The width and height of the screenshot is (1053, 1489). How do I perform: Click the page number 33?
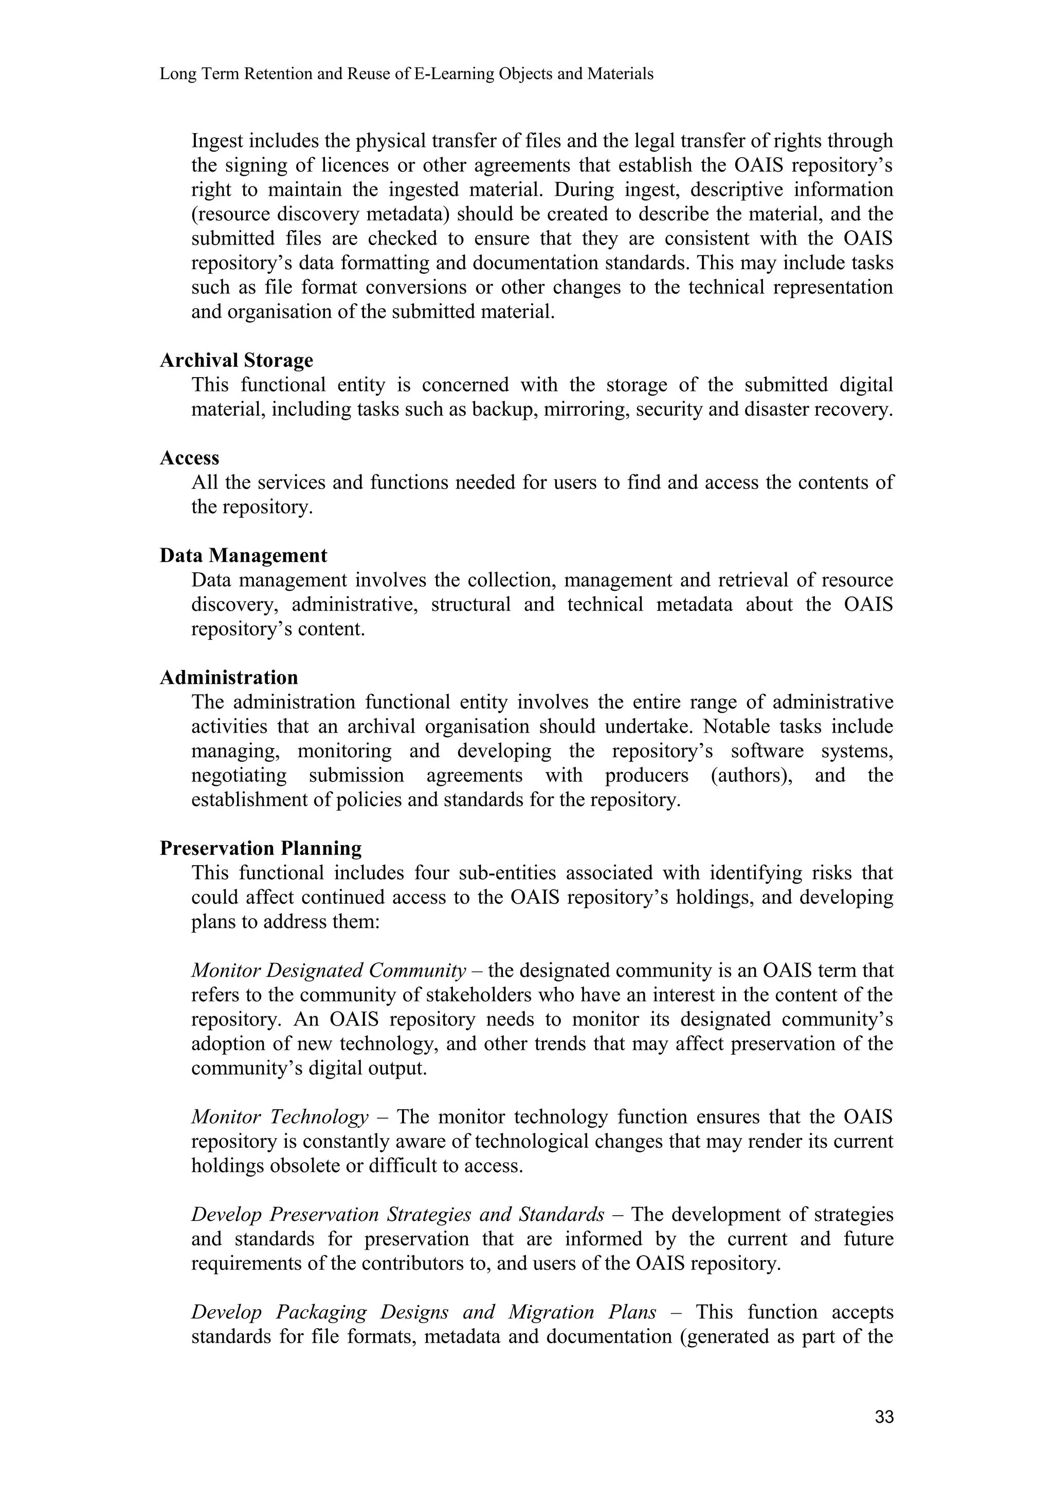coord(884,1417)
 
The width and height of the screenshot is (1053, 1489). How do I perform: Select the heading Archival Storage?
coord(236,361)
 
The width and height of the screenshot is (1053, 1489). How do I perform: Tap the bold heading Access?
coord(189,458)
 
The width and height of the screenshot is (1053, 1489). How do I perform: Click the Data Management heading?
coord(243,556)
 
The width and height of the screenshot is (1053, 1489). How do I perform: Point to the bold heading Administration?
coord(229,678)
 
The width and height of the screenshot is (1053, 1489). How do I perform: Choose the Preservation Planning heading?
coord(261,848)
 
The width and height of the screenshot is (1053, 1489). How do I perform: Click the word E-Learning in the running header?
coord(453,74)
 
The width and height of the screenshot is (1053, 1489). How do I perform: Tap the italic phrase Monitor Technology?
coord(280,1118)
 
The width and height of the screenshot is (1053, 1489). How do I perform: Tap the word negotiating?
coord(239,776)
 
